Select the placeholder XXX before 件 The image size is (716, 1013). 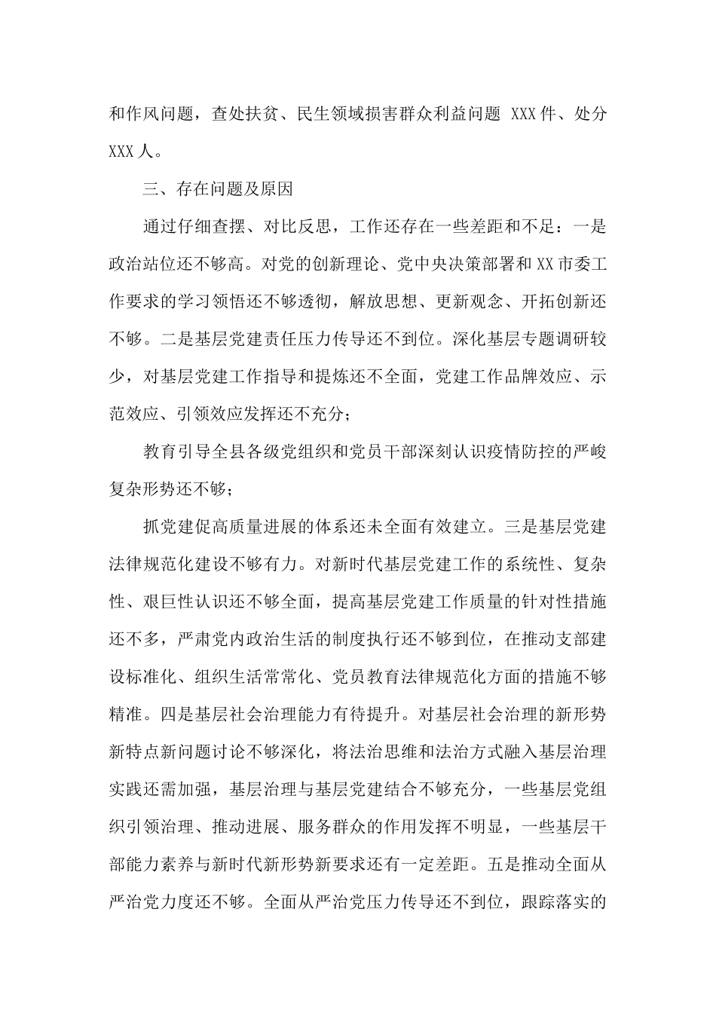click(x=524, y=115)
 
